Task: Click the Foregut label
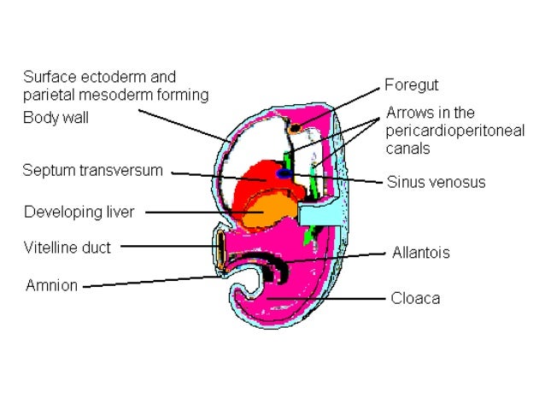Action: coord(411,85)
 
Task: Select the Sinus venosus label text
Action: coord(436,181)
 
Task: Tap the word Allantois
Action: coord(420,253)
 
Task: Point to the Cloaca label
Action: coord(415,298)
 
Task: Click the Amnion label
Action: coord(50,285)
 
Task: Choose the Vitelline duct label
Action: coord(67,248)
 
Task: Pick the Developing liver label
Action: coord(79,212)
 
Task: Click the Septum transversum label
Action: coord(92,170)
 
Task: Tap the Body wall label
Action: coord(55,118)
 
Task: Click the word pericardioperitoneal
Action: coord(454,130)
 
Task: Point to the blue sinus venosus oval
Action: coord(284,174)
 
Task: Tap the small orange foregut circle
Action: coord(295,128)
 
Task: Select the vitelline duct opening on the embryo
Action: coord(223,248)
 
